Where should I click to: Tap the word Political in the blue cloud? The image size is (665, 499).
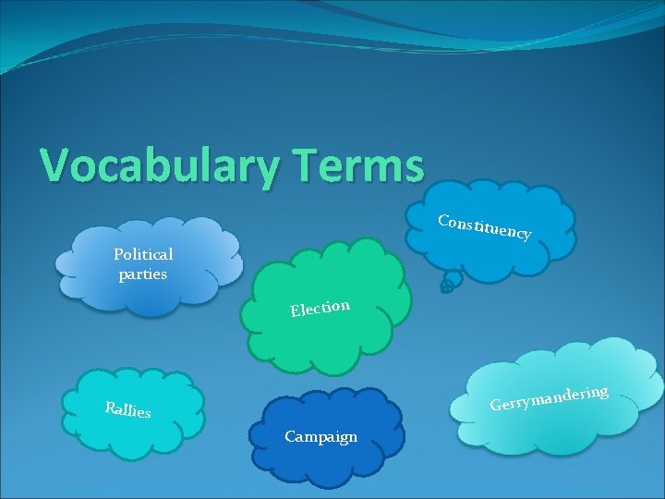143,254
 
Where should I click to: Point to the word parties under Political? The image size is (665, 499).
143,274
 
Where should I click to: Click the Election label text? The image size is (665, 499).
320,307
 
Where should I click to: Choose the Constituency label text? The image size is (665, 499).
484,227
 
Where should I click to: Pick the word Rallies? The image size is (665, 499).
127,409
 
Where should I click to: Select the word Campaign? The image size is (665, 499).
320,436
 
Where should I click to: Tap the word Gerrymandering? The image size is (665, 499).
549,398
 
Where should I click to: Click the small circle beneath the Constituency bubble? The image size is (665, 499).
446,287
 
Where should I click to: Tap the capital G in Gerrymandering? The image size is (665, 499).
496,406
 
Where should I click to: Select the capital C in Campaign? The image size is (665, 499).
290,436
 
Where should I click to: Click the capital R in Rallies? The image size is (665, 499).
110,406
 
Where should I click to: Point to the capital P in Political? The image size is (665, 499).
118,254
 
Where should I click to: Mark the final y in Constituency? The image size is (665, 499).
525,236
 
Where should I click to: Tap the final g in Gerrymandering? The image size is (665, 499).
601,393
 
